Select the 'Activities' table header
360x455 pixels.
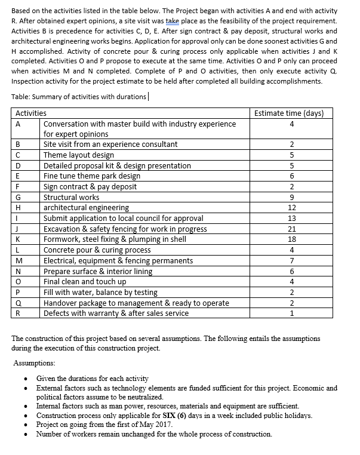click(x=31, y=113)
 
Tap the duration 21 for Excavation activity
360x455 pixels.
click(x=291, y=229)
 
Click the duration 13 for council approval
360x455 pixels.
click(x=291, y=218)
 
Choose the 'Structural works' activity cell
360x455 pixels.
click(x=72, y=197)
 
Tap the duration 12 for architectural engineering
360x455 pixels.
click(x=291, y=208)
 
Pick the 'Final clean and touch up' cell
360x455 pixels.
click(x=85, y=282)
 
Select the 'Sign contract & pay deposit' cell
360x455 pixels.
click(x=90, y=186)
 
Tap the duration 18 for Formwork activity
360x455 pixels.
click(x=291, y=239)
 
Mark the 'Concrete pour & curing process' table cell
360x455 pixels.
click(x=97, y=250)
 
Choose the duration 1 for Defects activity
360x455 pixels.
click(x=291, y=313)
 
